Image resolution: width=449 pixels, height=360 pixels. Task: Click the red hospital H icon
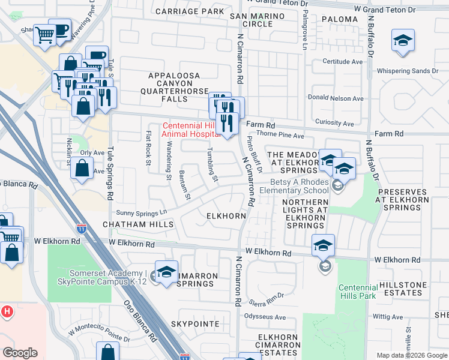(7, 312)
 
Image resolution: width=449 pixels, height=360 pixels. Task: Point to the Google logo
(20, 353)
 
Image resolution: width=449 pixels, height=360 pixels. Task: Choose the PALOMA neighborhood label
(340, 19)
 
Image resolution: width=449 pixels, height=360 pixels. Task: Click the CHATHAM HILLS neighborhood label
(138, 224)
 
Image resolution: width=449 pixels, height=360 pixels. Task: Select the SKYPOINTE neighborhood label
(195, 323)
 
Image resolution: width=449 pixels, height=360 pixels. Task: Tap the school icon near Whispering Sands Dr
(403, 41)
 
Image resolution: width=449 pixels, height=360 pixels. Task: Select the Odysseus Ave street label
(265, 316)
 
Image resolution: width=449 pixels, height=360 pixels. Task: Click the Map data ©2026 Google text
(412, 355)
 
